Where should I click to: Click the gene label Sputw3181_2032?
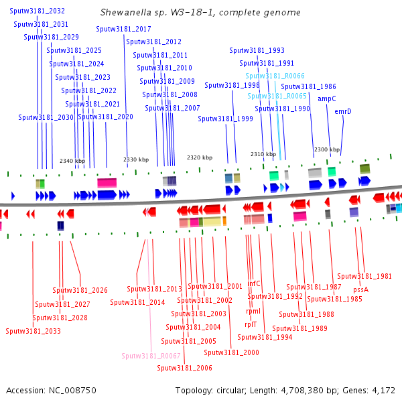(38, 11)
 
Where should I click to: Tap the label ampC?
(326, 98)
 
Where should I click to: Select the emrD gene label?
(343, 111)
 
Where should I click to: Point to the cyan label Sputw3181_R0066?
(276, 76)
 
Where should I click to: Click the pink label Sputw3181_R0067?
(151, 356)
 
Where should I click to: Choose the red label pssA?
(360, 289)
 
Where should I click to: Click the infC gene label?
(254, 283)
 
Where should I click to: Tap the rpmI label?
(253, 311)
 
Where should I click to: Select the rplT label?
(251, 324)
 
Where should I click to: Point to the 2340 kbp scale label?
(72, 161)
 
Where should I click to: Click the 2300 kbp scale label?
(327, 149)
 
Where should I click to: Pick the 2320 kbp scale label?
(200, 157)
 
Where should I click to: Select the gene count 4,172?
(383, 390)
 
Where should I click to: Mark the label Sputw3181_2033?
(33, 331)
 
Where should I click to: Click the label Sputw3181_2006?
(184, 368)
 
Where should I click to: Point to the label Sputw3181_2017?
(123, 29)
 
